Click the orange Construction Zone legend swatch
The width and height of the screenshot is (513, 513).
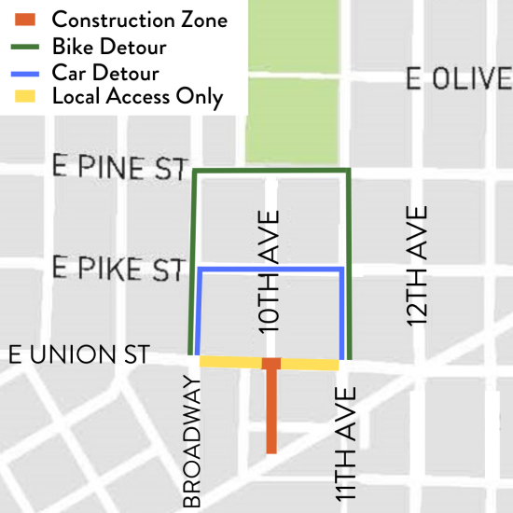click(27, 19)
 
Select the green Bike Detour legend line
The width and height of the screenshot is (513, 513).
click(27, 45)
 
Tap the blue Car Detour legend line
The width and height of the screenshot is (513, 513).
click(27, 71)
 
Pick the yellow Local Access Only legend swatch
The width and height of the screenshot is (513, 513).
click(27, 96)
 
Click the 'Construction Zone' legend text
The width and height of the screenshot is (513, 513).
click(139, 20)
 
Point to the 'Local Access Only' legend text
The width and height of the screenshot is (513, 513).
click(138, 97)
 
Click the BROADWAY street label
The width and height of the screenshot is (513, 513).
click(192, 441)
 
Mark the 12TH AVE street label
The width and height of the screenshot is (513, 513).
click(417, 266)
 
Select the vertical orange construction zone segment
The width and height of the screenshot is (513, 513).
click(270, 410)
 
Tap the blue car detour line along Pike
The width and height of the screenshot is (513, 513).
click(270, 270)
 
